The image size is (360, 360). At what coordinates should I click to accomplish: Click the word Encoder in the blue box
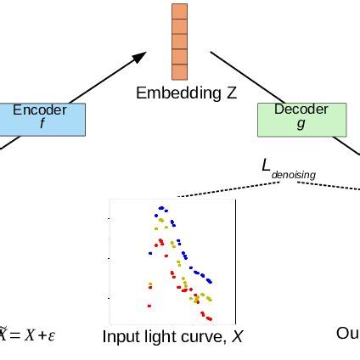click(40, 110)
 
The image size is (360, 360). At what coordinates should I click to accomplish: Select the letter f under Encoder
click(42, 124)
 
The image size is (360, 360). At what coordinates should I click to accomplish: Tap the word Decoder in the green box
click(301, 110)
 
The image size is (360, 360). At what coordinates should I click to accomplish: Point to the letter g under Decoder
click(301, 124)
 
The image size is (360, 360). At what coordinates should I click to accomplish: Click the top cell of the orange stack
click(179, 11)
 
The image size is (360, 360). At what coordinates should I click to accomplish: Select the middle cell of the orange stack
click(179, 41)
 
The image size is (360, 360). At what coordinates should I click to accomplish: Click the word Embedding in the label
click(174, 93)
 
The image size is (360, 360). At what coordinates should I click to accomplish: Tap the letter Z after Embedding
click(232, 93)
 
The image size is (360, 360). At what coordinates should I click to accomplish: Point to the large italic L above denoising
click(266, 165)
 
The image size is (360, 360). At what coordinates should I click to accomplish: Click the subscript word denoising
click(293, 175)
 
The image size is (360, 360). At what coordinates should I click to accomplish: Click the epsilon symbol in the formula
click(52, 335)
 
